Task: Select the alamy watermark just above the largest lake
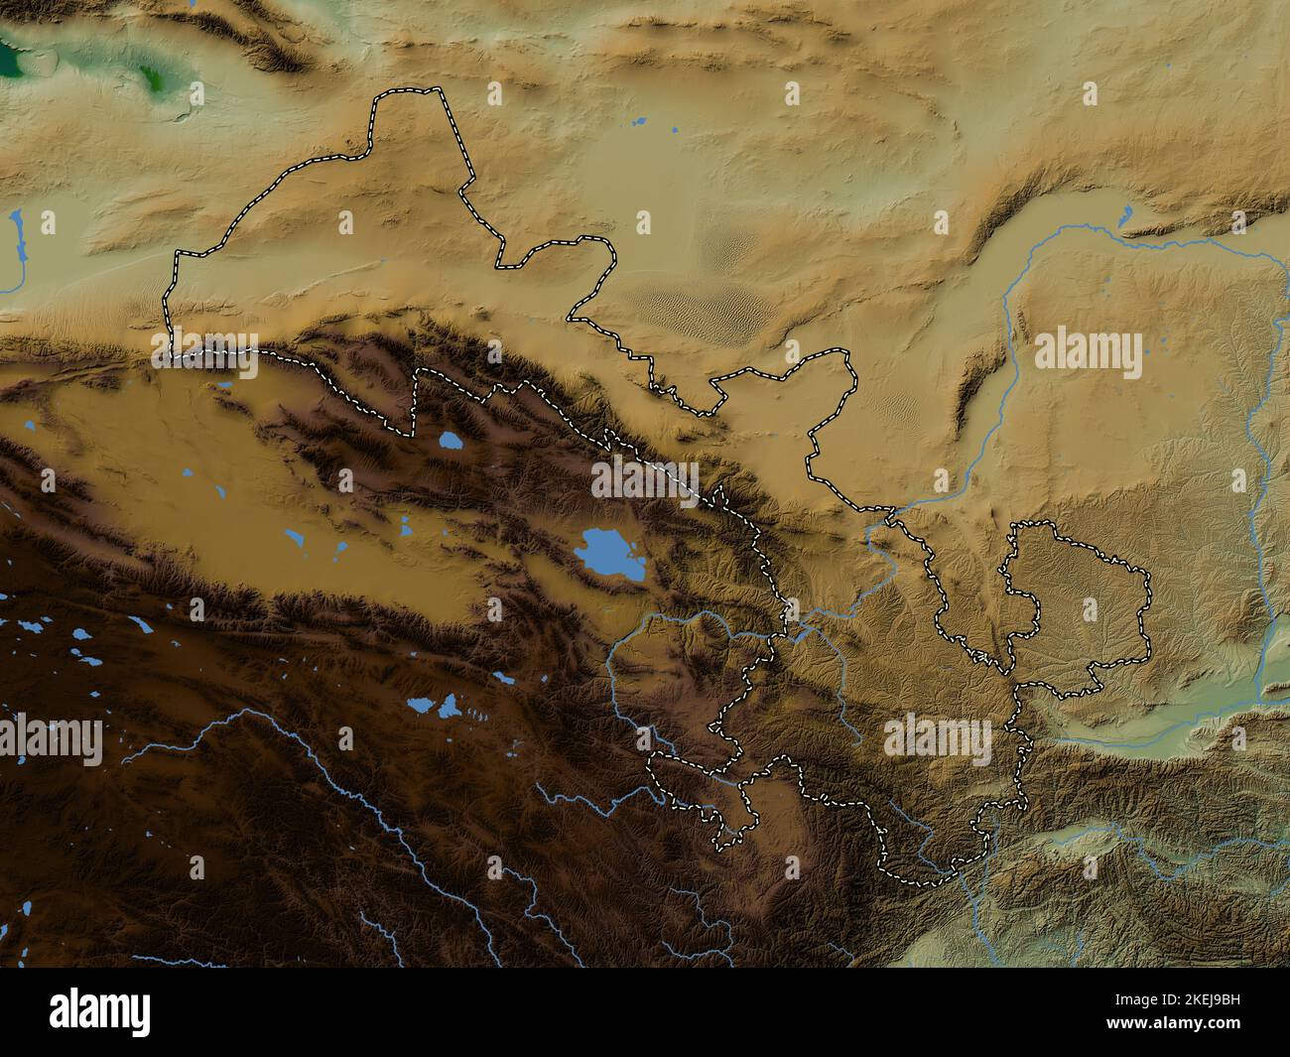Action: pos(646,480)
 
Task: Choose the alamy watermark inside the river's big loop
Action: pos(1088,353)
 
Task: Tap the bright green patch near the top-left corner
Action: pos(154,79)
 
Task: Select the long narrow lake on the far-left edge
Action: pos(17,238)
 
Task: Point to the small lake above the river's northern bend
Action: pos(1126,214)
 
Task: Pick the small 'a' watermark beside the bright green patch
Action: pos(195,94)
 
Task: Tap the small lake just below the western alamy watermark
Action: pos(225,386)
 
